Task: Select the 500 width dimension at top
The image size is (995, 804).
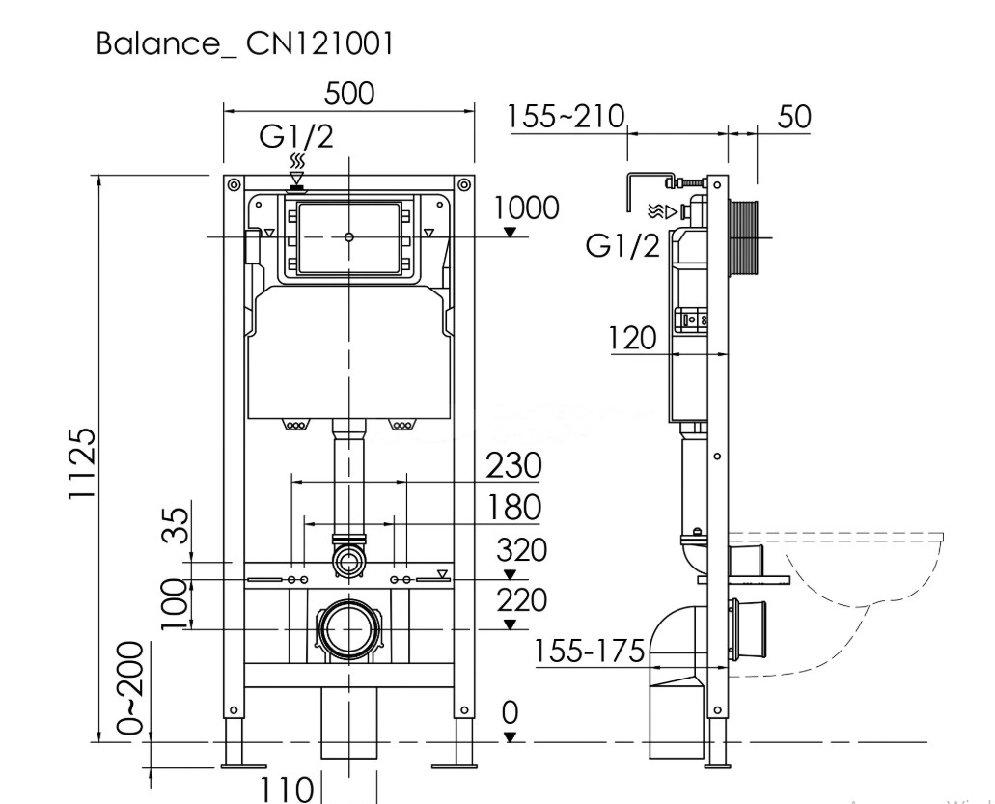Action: (349, 93)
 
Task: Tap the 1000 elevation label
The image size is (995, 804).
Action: (526, 208)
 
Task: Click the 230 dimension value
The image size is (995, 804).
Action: (512, 465)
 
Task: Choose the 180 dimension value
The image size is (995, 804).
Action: (512, 507)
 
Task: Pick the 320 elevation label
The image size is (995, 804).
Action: (521, 550)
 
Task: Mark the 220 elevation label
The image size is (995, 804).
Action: (521, 599)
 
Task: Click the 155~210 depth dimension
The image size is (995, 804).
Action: (567, 118)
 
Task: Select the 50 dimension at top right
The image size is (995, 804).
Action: (793, 118)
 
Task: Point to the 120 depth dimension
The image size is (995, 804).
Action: (632, 338)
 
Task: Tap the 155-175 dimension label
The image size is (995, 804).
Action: (590, 652)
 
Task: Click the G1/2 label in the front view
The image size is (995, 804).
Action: (296, 136)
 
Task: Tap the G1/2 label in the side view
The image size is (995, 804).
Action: (622, 246)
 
